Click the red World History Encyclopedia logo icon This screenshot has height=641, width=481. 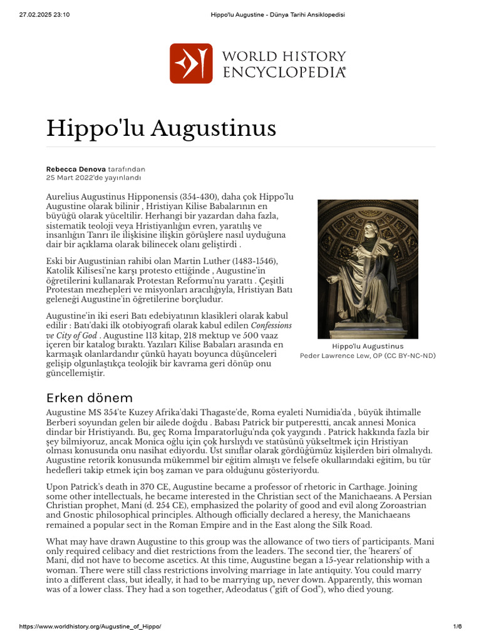click(190, 63)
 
